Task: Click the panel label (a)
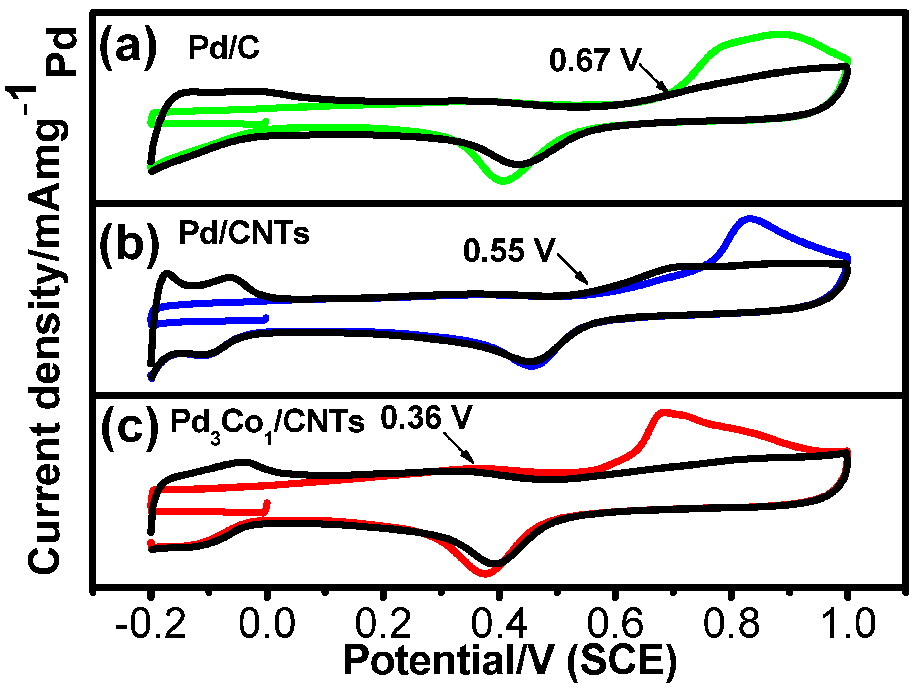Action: pyautogui.click(x=128, y=48)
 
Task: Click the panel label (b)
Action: pyautogui.click(x=129, y=245)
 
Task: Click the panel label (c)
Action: pyautogui.click(x=130, y=428)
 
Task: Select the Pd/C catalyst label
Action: pyautogui.click(x=224, y=48)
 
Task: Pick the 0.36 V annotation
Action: pyautogui.click(x=426, y=418)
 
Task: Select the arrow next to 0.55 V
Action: pyautogui.click(x=573, y=269)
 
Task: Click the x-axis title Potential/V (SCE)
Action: pyautogui.click(x=510, y=661)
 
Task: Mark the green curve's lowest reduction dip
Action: pyautogui.click(x=503, y=181)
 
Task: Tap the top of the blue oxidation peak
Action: pyautogui.click(x=750, y=218)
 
